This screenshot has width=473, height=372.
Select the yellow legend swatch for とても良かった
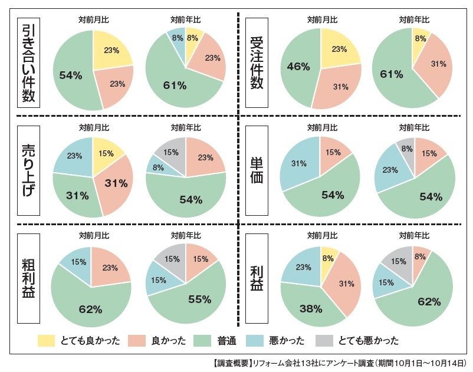point(46,340)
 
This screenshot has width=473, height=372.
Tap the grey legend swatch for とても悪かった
point(323,340)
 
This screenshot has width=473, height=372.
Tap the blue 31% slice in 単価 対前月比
point(298,164)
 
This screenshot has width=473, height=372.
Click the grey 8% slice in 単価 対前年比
point(406,149)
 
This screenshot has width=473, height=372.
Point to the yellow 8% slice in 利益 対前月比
point(329,257)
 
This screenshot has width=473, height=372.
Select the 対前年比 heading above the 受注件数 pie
point(413,19)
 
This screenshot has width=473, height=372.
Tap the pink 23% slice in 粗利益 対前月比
point(111,266)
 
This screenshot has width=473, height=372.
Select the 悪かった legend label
point(287,340)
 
